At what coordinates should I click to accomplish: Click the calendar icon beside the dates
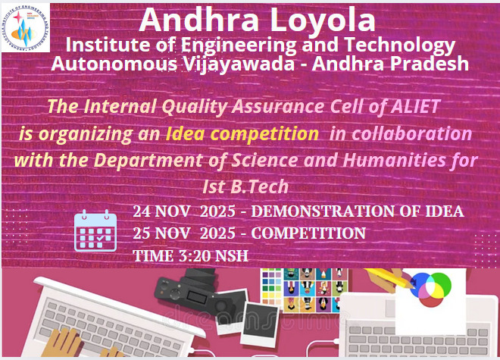tap(94, 230)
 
